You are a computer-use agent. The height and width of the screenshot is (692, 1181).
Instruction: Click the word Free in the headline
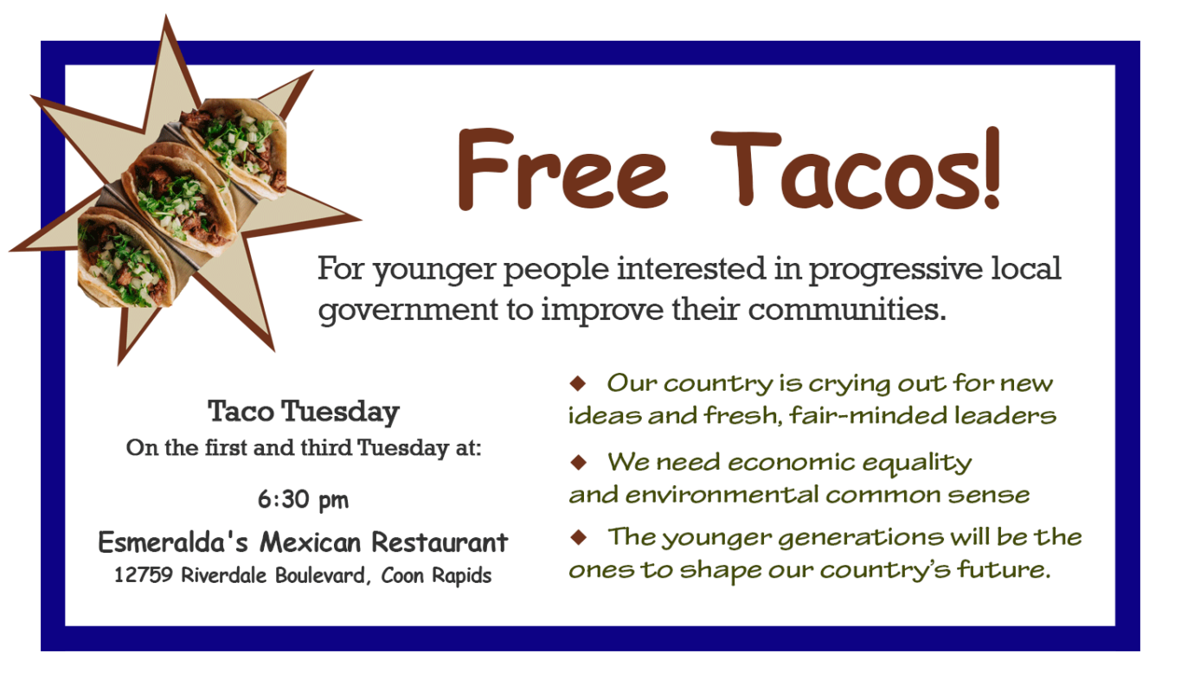click(x=562, y=170)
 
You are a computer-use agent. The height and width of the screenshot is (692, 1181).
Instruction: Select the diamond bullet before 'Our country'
click(x=578, y=383)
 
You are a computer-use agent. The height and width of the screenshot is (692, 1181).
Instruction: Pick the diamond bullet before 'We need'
click(x=578, y=462)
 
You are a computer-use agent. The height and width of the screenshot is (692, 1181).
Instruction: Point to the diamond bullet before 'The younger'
click(x=578, y=537)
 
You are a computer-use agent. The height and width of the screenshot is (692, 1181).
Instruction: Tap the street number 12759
click(x=144, y=575)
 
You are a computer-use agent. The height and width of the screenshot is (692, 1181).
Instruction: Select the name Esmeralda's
click(x=173, y=542)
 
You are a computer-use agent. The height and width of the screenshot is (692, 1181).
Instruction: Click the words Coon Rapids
click(x=436, y=575)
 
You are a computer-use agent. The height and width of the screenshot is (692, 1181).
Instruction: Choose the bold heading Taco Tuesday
click(x=304, y=412)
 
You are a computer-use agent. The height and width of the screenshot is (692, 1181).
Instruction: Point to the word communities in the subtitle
click(x=847, y=310)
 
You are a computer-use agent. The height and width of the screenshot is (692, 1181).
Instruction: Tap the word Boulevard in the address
click(x=320, y=575)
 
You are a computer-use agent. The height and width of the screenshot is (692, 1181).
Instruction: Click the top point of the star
click(x=166, y=16)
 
